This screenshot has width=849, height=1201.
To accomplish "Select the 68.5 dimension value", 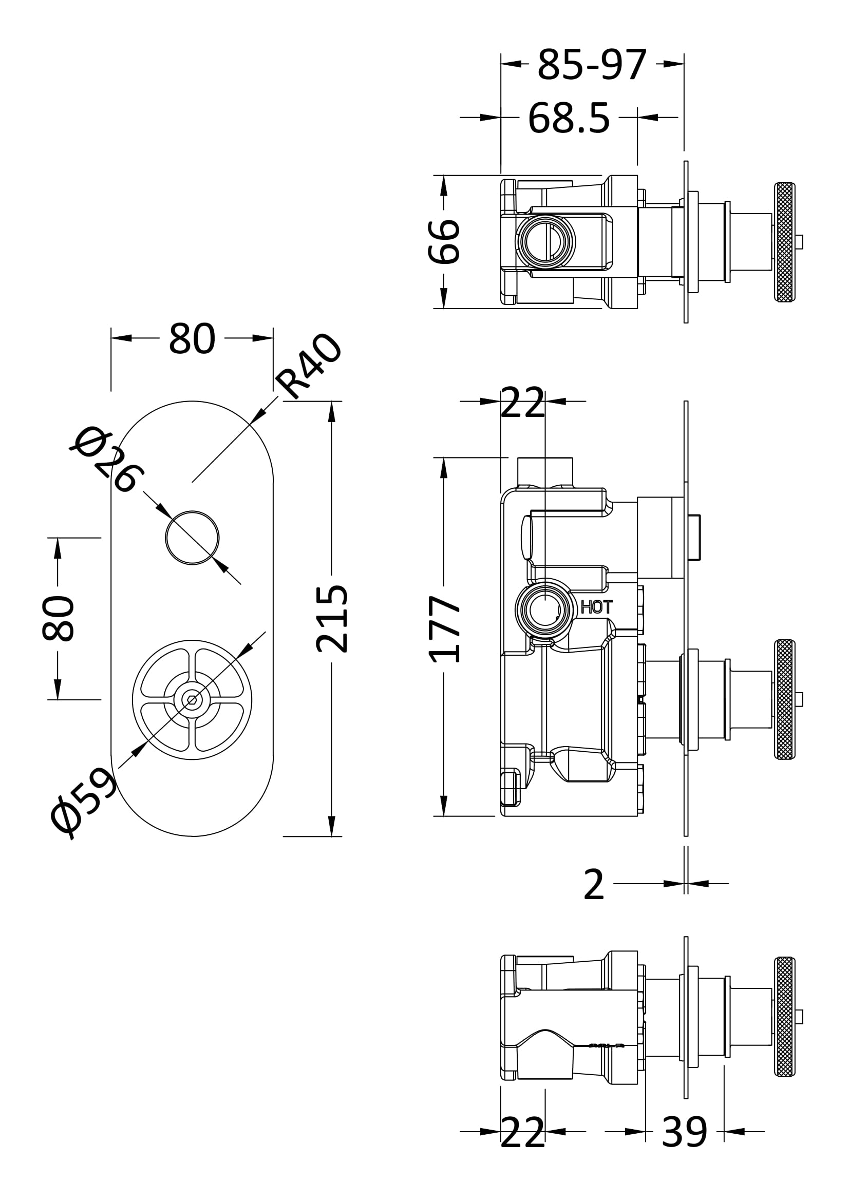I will coord(569,119).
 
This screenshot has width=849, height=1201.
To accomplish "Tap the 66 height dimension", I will coord(444,242).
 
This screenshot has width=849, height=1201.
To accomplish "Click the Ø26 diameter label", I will coord(107,460).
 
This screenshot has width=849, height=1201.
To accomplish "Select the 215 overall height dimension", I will coord(332,619).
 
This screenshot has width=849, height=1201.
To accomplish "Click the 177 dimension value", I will coord(444,630).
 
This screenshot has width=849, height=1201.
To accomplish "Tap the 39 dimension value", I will coord(684,1133).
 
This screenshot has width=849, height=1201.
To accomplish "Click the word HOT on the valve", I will coord(596,607).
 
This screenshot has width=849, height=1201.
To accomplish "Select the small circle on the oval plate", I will coord(192,538).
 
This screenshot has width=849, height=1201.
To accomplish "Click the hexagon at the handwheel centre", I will coord(192,700).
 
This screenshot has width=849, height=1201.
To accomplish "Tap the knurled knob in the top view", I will coord(784,242).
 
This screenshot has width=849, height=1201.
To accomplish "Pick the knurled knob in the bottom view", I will coord(784,1017).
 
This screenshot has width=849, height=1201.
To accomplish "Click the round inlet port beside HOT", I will coord(545,610).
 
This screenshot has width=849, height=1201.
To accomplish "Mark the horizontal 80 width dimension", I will coord(192,339).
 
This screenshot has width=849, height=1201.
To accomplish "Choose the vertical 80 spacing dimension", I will coord(58,618).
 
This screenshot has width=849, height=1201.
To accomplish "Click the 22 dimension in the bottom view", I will coord(522,1133).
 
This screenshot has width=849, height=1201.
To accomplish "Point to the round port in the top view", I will coord(545,242).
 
